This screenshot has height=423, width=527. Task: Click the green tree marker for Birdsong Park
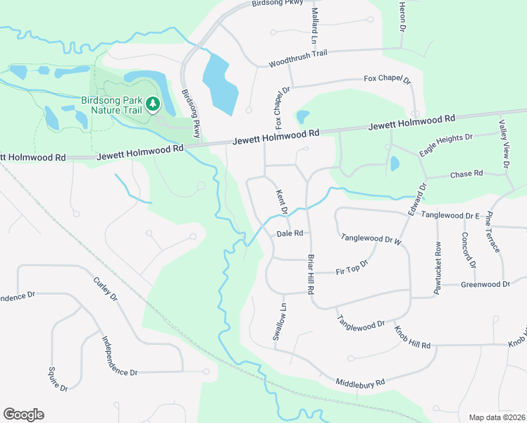click(x=153, y=105)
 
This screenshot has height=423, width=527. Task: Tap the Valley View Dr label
click(x=504, y=144)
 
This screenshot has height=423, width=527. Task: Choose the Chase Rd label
click(x=466, y=173)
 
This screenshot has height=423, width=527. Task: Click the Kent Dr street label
click(x=283, y=202)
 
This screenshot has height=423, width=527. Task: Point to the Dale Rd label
click(x=290, y=233)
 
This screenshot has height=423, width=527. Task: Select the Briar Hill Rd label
click(x=309, y=275)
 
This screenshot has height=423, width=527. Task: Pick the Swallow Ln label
click(x=281, y=321)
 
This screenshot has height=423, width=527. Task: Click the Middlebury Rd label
click(x=360, y=382)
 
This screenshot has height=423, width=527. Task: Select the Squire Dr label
click(x=57, y=379)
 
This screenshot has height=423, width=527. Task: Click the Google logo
click(x=23, y=415)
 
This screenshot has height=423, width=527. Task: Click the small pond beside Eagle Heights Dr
click(x=394, y=164)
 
